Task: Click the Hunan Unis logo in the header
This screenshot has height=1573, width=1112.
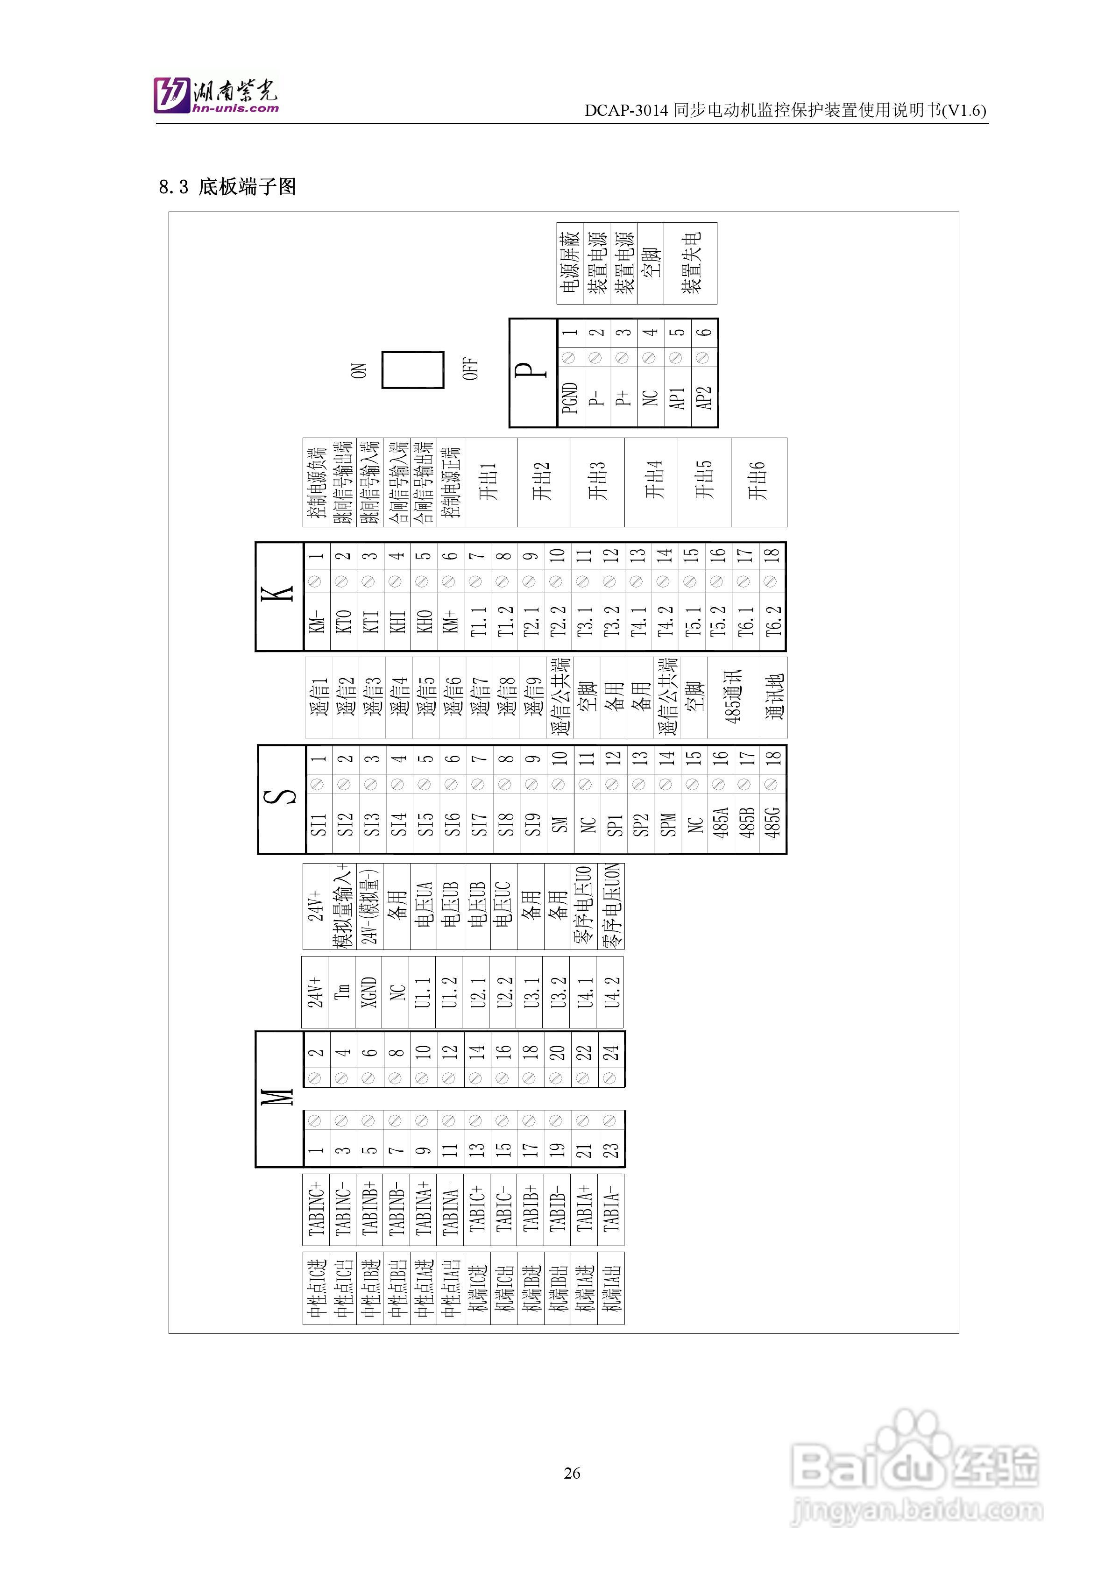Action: [x=216, y=94]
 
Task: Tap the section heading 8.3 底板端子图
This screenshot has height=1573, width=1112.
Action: [x=227, y=186]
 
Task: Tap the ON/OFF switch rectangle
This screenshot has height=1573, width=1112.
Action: [x=412, y=370]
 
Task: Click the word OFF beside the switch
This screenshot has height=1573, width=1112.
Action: [x=470, y=369]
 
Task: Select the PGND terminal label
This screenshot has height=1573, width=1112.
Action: [x=570, y=398]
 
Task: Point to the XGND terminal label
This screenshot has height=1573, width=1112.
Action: [x=369, y=992]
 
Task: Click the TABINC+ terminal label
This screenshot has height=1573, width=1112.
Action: [x=316, y=1209]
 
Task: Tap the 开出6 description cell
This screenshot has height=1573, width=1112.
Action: [x=758, y=482]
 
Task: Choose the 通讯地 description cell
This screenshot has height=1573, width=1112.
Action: [x=773, y=697]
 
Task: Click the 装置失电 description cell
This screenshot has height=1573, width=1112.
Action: [x=691, y=262]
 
